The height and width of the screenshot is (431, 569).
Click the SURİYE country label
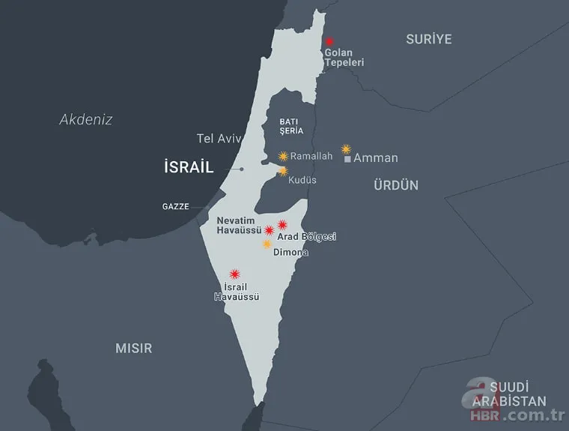click(x=428, y=39)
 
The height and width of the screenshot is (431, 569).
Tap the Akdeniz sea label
click(x=86, y=118)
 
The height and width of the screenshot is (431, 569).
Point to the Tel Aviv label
click(x=215, y=139)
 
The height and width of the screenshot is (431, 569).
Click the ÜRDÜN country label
click(x=396, y=185)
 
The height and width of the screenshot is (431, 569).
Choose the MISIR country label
click(x=133, y=348)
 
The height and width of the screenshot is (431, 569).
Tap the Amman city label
click(x=375, y=158)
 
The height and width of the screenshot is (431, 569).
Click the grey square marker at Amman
click(x=347, y=160)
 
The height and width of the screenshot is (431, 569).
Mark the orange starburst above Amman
click(x=346, y=149)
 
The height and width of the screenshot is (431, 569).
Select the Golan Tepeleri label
click(x=344, y=58)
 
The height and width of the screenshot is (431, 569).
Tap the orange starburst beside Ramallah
click(x=283, y=156)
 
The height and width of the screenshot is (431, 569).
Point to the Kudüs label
click(x=302, y=180)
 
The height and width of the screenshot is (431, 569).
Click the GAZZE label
click(x=175, y=206)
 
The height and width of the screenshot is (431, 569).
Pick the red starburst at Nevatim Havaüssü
click(x=269, y=230)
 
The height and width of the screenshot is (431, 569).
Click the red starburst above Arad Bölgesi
click(x=282, y=224)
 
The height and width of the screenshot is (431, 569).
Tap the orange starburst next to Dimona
click(x=267, y=244)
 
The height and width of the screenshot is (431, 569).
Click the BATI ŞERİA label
click(x=290, y=125)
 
